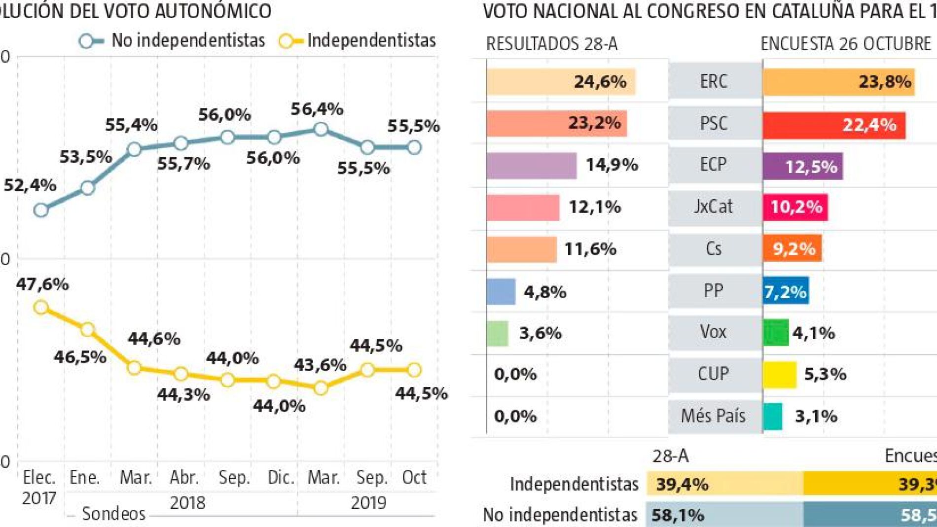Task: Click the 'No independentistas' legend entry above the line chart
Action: click(x=173, y=40)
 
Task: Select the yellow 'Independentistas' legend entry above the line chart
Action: click(x=358, y=40)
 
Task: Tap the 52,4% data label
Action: click(x=30, y=185)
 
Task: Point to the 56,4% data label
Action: click(x=317, y=109)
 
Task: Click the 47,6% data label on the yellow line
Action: click(x=42, y=284)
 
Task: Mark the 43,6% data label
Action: click(x=321, y=365)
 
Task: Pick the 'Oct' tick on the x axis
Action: click(x=414, y=477)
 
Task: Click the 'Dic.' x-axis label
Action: click(x=281, y=477)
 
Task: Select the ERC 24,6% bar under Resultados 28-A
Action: click(x=561, y=82)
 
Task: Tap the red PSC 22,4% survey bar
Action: click(x=833, y=125)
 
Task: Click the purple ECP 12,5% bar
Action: click(x=802, y=167)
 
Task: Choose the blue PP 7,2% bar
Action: click(x=786, y=291)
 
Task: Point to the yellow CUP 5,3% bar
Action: click(x=779, y=375)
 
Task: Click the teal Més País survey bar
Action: click(x=772, y=417)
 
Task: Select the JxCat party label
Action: click(x=713, y=206)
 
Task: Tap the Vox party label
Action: click(x=713, y=332)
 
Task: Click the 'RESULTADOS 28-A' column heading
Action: click(x=551, y=44)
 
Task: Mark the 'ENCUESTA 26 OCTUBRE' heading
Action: click(x=845, y=44)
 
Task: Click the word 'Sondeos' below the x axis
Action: click(x=113, y=514)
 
